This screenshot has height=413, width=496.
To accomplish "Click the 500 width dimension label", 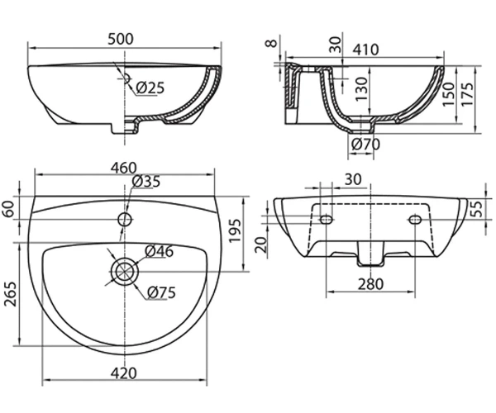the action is (x=121, y=39).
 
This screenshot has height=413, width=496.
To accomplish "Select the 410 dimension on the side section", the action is (x=365, y=50).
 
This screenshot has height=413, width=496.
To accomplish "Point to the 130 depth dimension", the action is (x=361, y=88).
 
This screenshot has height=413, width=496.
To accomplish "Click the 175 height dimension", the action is (x=468, y=94).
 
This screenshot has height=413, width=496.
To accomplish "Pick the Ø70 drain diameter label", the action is (x=365, y=145).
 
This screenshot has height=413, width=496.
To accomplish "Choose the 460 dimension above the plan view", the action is (x=124, y=168).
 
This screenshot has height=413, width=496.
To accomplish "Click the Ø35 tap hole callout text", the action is (x=146, y=182).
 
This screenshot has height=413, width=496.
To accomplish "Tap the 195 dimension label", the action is (x=235, y=230).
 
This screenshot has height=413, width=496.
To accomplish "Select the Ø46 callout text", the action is (x=159, y=251).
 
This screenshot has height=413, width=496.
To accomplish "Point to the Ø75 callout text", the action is (x=161, y=292).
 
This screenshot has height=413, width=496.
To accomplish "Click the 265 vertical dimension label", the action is (x=11, y=294).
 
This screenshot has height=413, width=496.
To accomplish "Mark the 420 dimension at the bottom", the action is (x=124, y=373).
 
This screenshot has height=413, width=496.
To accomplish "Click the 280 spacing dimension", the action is (x=370, y=284).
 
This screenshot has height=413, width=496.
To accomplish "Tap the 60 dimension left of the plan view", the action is (x=9, y=208).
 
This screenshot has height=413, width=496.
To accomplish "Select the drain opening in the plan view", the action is (x=125, y=272).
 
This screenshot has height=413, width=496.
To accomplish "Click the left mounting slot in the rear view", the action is (x=326, y=219).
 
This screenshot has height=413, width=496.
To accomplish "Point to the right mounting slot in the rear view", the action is (x=415, y=219).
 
